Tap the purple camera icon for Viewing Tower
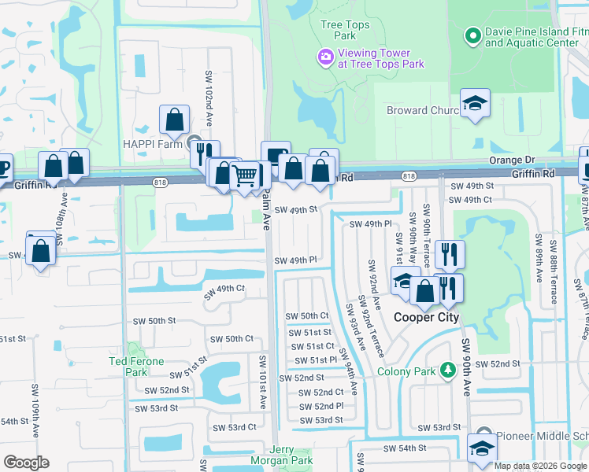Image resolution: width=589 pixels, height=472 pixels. click(x=324, y=56)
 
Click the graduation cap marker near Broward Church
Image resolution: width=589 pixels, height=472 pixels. click(x=475, y=103)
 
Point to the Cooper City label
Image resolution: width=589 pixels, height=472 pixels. click(x=426, y=317)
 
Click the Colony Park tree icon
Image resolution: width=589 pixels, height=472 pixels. click(x=447, y=369)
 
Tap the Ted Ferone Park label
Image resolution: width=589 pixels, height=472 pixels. click(x=136, y=366)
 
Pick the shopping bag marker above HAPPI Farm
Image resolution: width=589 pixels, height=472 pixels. click(x=174, y=120)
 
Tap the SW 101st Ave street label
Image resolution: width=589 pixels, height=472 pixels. click(x=263, y=382)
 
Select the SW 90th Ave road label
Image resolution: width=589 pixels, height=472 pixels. click(x=465, y=367)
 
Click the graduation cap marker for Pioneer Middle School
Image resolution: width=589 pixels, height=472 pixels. click(x=481, y=448)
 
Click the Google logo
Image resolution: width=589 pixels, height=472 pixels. click(x=26, y=463)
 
